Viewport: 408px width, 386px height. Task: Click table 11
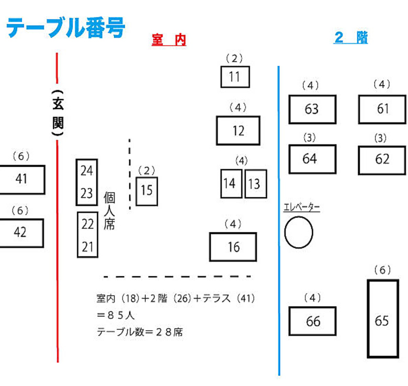235,77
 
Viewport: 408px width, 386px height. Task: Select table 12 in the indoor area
238,130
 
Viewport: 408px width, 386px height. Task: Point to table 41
22,179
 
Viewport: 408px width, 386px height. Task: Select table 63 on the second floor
312,109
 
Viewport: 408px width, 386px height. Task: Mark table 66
312,321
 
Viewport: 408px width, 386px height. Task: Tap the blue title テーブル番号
65,28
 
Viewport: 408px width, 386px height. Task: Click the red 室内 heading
169,40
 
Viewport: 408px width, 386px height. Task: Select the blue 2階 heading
351,38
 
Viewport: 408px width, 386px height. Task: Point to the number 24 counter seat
87,171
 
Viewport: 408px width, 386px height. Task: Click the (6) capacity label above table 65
382,270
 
